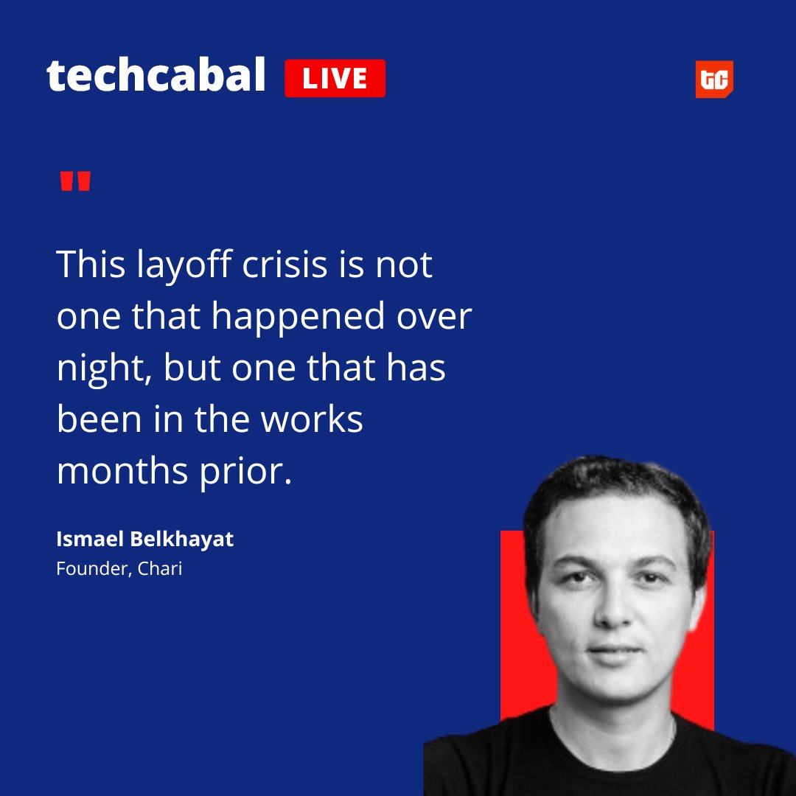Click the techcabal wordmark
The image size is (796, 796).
156,76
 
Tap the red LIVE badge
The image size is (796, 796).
335,78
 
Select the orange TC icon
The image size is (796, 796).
713,79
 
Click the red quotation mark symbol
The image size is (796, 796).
75,181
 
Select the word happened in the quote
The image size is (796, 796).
298,318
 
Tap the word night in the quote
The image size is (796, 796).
103,369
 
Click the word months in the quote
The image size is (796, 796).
122,471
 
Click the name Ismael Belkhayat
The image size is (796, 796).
144,539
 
